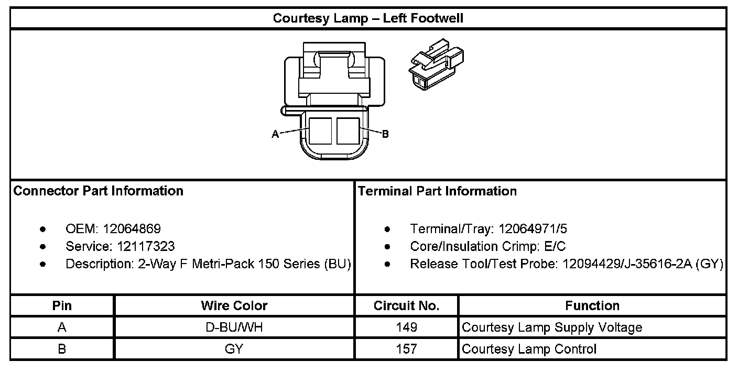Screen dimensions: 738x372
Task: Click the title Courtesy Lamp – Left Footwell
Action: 368,19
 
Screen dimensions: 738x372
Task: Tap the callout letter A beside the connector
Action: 275,135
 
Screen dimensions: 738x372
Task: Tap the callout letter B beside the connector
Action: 385,135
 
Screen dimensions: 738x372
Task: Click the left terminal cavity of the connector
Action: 320,130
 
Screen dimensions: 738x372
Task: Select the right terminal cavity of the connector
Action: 348,130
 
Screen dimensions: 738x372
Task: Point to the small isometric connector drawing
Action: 436,64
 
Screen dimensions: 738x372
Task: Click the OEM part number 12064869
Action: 132,229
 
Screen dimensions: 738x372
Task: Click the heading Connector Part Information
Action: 99,191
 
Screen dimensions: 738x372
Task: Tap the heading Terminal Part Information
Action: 437,191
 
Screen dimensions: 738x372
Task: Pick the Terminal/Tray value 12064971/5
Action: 533,229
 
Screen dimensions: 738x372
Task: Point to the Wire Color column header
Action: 234,306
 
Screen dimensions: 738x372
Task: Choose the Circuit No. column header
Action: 406,306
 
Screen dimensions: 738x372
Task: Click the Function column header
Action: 592,306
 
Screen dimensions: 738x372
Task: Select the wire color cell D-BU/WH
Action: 234,328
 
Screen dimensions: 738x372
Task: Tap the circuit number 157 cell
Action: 406,349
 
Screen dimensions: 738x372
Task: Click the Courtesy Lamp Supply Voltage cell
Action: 552,328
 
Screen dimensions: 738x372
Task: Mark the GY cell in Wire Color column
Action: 234,349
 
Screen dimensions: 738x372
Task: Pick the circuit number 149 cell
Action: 406,328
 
